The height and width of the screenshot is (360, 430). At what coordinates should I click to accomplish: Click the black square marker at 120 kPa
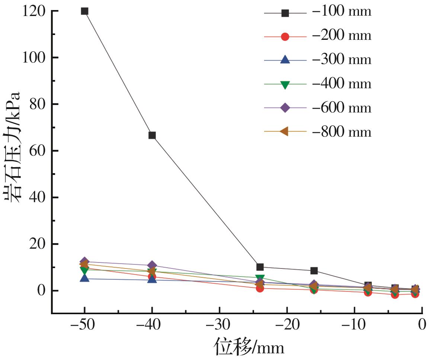click(84, 11)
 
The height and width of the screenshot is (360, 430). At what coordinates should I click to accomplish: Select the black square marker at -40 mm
click(152, 135)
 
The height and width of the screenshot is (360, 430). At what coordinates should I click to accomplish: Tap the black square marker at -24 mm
click(260, 267)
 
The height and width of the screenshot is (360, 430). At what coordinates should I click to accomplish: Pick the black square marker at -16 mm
click(314, 271)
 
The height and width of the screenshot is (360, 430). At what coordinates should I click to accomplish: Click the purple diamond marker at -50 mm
click(84, 262)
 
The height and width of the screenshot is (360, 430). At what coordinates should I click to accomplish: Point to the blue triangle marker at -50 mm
click(84, 278)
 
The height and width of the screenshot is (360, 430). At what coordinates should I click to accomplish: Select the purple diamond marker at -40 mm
click(152, 265)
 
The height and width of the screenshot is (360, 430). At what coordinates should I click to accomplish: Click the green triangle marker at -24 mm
click(260, 278)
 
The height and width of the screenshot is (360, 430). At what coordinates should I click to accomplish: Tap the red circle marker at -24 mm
click(260, 288)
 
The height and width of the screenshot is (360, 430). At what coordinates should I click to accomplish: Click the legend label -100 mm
click(341, 12)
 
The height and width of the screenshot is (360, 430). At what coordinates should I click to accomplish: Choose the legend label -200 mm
click(341, 36)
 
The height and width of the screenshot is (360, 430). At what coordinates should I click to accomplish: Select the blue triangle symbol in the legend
click(285, 60)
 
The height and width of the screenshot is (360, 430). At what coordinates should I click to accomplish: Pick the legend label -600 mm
click(341, 108)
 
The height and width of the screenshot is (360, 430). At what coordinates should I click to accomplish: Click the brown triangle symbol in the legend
click(285, 131)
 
